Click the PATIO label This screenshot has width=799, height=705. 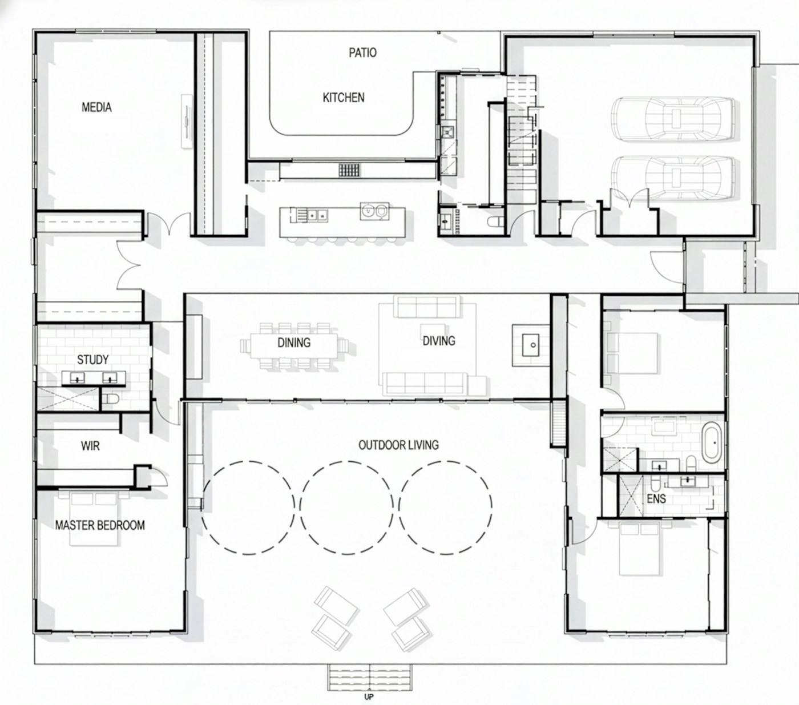pyautogui.click(x=362, y=53)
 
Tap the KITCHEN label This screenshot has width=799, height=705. pyautogui.click(x=344, y=98)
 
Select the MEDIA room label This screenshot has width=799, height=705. pyautogui.click(x=96, y=107)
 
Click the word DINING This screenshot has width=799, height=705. pyautogui.click(x=294, y=343)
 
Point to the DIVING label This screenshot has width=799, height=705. pyautogui.click(x=439, y=341)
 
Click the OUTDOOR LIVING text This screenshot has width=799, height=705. pyautogui.click(x=398, y=445)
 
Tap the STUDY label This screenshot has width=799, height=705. pyautogui.click(x=92, y=360)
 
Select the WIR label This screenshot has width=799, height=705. pyautogui.click(x=90, y=446)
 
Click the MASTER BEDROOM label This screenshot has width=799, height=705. pyautogui.click(x=100, y=526)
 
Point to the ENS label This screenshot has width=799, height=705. pyautogui.click(x=656, y=499)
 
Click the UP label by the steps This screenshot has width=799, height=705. pyautogui.click(x=369, y=697)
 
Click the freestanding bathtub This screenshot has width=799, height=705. pyautogui.click(x=712, y=442)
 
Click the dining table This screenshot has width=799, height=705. pyautogui.click(x=294, y=346)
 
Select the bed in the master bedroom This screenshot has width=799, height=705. pyautogui.click(x=94, y=518)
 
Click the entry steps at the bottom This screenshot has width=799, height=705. pyautogui.click(x=369, y=678)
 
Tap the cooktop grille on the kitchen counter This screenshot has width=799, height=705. pyautogui.click(x=349, y=170)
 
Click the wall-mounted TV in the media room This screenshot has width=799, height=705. pyautogui.click(x=187, y=121)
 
